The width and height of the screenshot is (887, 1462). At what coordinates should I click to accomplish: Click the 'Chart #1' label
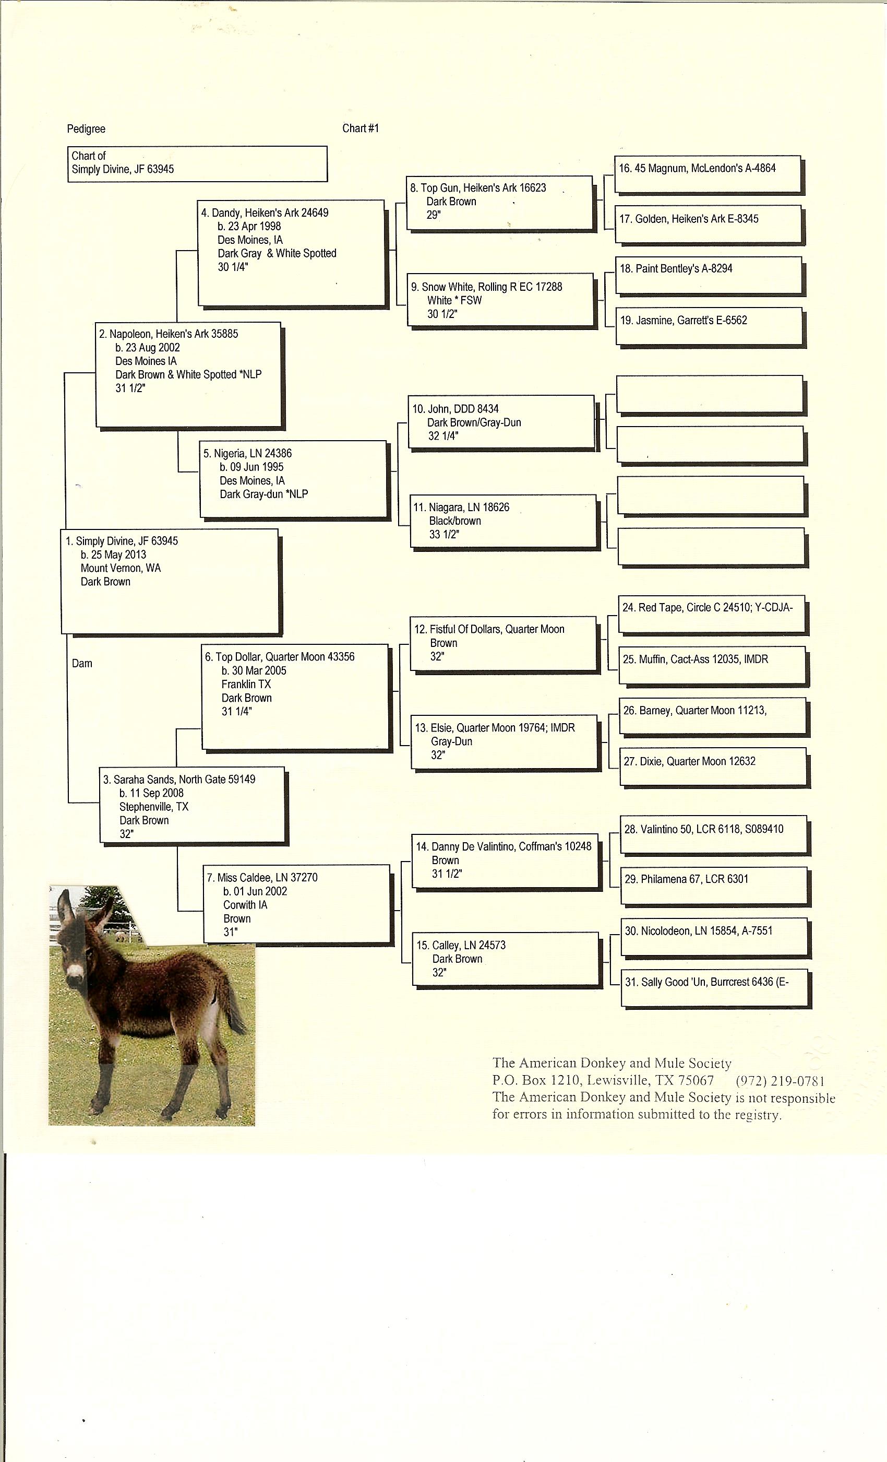pyautogui.click(x=360, y=128)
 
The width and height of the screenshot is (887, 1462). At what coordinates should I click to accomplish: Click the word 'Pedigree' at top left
pyautogui.click(x=86, y=129)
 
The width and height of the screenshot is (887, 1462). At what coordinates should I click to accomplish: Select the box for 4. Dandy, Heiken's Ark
pyautogui.click(x=291, y=253)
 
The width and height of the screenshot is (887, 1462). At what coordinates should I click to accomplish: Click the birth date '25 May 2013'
pyautogui.click(x=118, y=555)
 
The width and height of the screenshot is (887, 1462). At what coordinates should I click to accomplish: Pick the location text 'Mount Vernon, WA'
pyautogui.click(x=121, y=568)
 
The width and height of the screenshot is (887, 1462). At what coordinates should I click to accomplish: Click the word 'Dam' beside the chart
pyautogui.click(x=82, y=663)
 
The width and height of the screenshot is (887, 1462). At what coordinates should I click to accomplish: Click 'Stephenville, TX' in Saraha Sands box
pyautogui.click(x=153, y=807)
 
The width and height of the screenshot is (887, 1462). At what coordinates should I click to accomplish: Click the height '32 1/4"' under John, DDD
pyautogui.click(x=443, y=436)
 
